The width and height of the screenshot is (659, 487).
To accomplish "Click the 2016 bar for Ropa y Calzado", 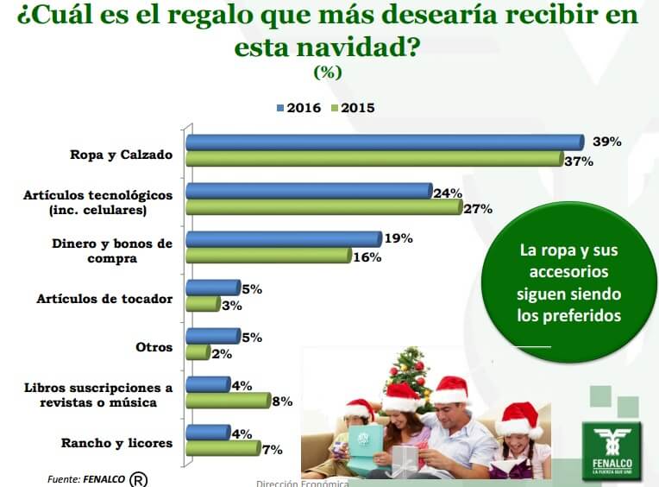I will click(x=386, y=142).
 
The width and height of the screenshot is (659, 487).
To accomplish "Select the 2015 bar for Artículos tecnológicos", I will click(x=324, y=207).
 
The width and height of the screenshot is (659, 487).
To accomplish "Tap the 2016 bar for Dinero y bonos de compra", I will click(x=284, y=239).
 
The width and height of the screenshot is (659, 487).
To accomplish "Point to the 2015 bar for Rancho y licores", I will click(x=223, y=448).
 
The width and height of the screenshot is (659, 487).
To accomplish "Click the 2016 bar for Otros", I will click(x=213, y=336).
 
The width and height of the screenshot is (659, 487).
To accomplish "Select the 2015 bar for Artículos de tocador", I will click(x=204, y=304).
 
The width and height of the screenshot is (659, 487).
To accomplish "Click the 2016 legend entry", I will click(x=298, y=108).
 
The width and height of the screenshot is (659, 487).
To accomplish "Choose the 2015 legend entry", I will click(x=353, y=108).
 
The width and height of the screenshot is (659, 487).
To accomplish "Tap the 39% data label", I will click(x=606, y=142).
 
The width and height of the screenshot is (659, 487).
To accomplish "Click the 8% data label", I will click(x=282, y=402).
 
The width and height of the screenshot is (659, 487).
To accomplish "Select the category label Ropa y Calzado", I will click(x=122, y=155).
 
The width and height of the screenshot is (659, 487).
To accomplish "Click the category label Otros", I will click(x=154, y=347).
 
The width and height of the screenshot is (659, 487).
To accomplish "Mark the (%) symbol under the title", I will click(x=328, y=73).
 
